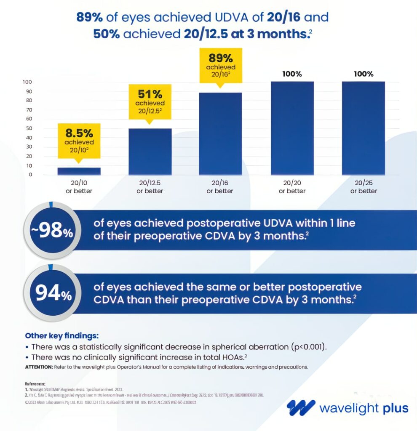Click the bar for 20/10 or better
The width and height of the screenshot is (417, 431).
(79, 171)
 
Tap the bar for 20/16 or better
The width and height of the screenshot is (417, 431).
(220, 134)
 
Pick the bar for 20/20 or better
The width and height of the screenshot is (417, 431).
(292, 128)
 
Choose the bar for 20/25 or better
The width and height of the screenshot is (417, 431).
(364, 128)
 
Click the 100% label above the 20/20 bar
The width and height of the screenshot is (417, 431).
(292, 74)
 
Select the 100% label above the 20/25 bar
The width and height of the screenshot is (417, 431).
(364, 74)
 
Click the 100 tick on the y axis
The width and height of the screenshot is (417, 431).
(27, 82)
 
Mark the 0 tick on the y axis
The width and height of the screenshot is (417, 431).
(30, 174)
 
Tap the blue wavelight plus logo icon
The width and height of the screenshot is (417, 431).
(301, 407)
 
